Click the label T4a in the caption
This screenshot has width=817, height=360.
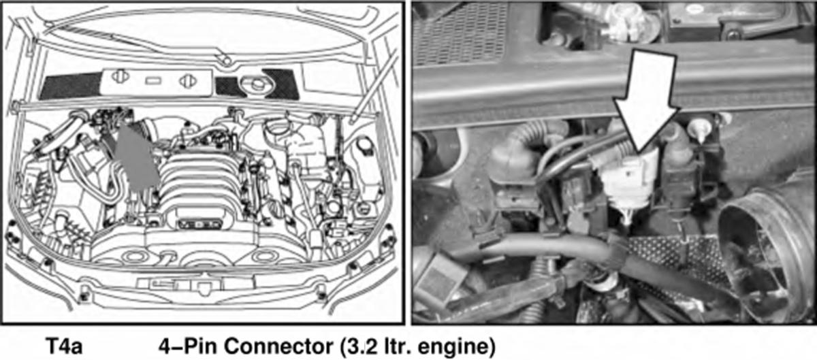pyautogui.click(x=64, y=346)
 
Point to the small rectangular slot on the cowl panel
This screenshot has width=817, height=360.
pyautogui.click(x=153, y=80)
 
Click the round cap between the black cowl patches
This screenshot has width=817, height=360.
pyautogui.click(x=257, y=84)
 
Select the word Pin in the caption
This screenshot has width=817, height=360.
pyautogui.click(x=199, y=346)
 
